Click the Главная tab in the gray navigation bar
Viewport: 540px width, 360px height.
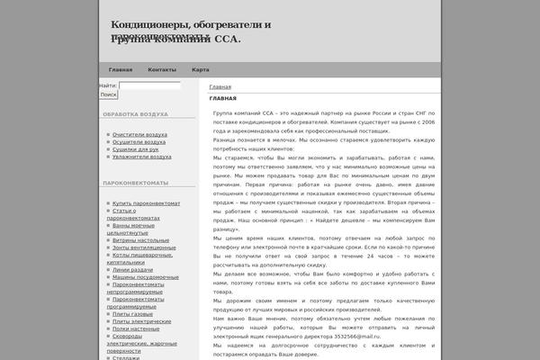[121, 70]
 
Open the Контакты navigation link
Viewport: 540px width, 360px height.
[162, 70]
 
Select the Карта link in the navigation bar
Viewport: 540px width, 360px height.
[201, 70]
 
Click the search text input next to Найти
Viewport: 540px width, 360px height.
[149, 85]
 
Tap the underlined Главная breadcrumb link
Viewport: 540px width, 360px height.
[220, 87]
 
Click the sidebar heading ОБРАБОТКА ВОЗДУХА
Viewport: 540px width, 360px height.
[135, 115]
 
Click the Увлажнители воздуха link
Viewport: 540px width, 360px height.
[141, 156]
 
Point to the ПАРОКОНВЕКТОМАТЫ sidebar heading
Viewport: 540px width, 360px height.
[136, 184]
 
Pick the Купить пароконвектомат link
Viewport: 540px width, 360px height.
[147, 203]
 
